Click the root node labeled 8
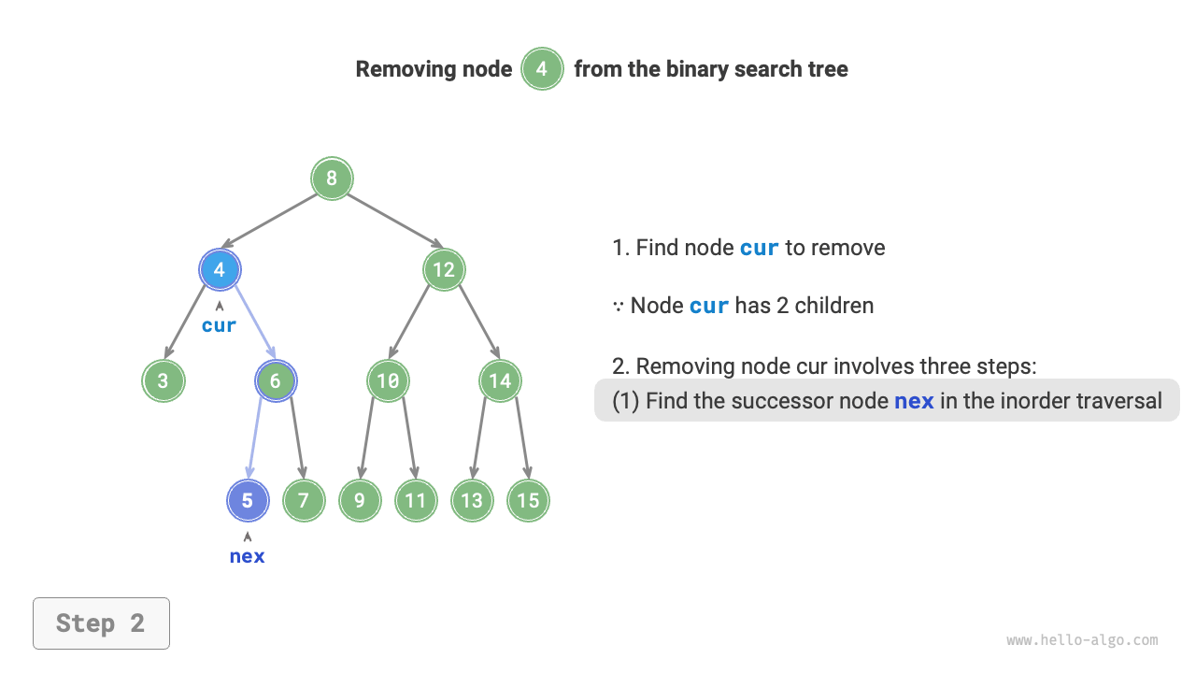(x=332, y=178)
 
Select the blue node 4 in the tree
(x=220, y=270)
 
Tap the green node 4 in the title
(x=542, y=69)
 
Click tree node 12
(x=444, y=270)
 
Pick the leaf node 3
(x=164, y=380)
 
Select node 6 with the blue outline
(x=276, y=380)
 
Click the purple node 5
(x=248, y=500)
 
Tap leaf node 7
(x=304, y=500)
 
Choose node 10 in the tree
(x=388, y=380)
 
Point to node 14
(x=500, y=380)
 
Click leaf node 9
(x=360, y=500)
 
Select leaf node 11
(x=416, y=500)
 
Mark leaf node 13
(x=472, y=500)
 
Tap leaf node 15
(x=528, y=500)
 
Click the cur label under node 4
(x=220, y=325)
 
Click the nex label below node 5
(x=248, y=556)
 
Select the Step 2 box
(x=101, y=623)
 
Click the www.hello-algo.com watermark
(x=1082, y=640)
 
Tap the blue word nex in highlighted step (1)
(x=914, y=401)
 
